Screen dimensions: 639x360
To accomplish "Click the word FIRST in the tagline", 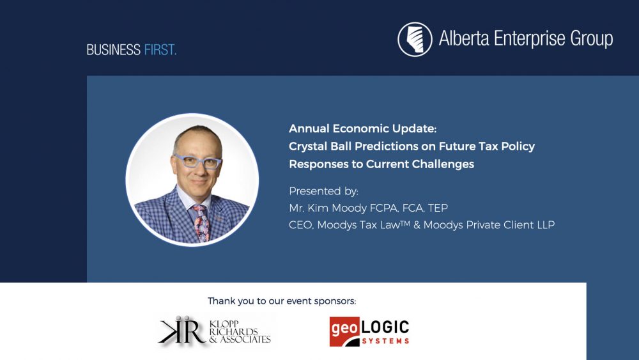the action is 159,50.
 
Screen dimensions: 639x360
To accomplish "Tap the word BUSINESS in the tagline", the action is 114,50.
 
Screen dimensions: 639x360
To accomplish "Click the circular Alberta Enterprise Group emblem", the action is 415,39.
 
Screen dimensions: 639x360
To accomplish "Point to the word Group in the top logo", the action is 591,39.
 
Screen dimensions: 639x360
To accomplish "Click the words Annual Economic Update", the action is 362,129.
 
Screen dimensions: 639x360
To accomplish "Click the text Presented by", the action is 323,191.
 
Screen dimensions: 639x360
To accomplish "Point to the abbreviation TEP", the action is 438,208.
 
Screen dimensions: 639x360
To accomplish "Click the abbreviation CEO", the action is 301,225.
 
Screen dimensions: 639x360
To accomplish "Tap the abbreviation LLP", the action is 545,225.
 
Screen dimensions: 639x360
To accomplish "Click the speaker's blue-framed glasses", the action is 197,161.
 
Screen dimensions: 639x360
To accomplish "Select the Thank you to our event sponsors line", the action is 282,301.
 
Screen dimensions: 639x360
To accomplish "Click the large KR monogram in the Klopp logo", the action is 182,331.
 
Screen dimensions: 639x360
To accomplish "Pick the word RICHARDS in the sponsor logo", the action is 233,332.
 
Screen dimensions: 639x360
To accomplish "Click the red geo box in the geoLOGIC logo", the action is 345,331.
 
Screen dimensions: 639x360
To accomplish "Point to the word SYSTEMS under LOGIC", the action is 385,341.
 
